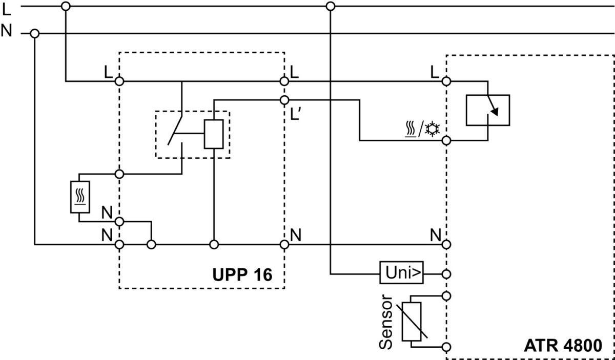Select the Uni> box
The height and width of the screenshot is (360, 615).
402,274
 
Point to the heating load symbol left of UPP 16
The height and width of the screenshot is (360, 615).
79,197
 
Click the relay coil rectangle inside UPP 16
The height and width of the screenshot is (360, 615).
214,134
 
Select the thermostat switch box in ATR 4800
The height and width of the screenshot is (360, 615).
487,110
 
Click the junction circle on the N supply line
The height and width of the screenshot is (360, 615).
35,34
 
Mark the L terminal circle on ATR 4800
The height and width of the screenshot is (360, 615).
446,81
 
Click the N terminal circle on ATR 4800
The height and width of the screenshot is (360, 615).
446,244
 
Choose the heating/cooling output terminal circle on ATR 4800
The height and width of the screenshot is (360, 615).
446,140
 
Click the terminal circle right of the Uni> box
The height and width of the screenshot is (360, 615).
446,274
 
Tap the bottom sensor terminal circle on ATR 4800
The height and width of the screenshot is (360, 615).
446,347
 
